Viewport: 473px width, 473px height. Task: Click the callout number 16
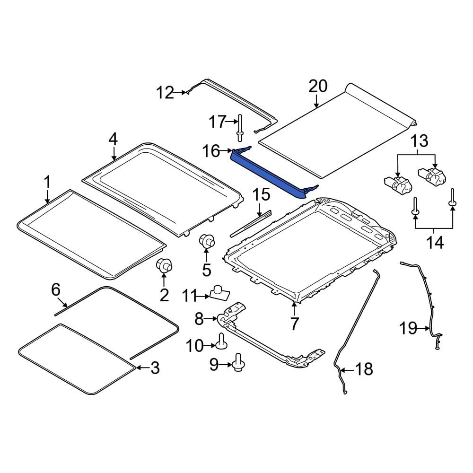(x=211, y=151)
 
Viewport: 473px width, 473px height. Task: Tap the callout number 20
(x=318, y=86)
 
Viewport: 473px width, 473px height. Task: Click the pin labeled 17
(x=240, y=128)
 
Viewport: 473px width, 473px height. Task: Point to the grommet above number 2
(x=164, y=265)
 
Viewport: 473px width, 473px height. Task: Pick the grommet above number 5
(x=207, y=241)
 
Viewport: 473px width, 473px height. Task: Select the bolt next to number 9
(x=238, y=362)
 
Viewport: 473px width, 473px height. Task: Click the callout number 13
(x=419, y=141)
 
